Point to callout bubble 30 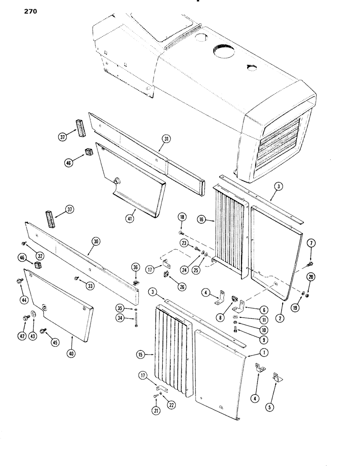coord(97,241)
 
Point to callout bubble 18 coord(181,218)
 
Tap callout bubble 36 coord(136,267)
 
